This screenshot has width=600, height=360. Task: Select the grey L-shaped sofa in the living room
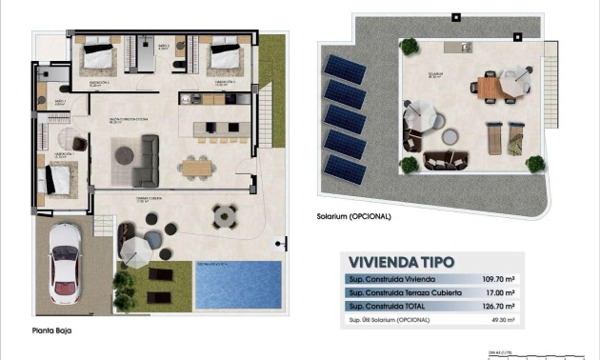[144, 161]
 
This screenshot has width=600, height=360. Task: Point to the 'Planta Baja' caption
[50, 330]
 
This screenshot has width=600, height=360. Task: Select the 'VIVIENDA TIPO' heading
[401, 261]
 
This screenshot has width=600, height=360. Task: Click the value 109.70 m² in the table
[499, 279]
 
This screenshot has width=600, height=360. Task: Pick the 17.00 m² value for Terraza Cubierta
[501, 293]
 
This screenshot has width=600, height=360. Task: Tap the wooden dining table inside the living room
[197, 167]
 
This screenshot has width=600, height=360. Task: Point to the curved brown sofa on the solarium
[440, 159]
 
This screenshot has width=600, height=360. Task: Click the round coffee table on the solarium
[441, 146]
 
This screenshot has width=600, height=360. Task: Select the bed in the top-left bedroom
[97, 56]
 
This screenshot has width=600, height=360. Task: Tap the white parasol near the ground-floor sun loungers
[135, 250]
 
